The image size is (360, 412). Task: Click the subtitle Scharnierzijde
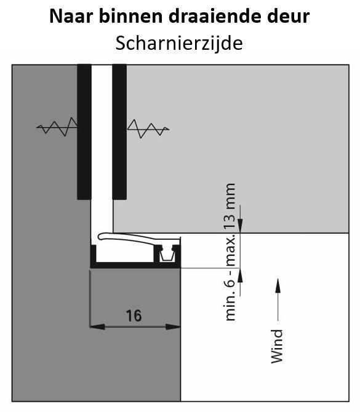point(179,44)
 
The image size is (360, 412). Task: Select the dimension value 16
point(134,316)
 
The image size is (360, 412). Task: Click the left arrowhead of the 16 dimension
point(97,327)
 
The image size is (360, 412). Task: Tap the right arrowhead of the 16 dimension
point(173,327)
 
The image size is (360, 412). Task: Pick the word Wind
point(277,347)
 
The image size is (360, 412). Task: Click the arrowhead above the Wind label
point(278,285)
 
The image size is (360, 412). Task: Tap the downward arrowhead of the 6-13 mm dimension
point(240,226)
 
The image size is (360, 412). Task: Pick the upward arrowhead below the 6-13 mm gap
point(240,275)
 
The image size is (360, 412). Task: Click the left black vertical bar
point(84,132)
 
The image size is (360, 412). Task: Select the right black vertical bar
point(119,132)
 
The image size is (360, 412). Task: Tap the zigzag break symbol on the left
point(57,127)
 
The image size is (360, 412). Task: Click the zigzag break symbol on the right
point(148,129)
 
